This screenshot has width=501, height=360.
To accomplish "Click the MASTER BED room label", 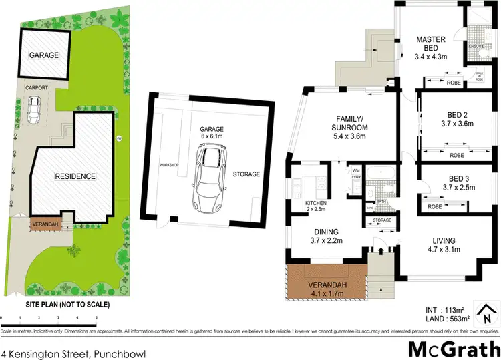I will pos(431,39).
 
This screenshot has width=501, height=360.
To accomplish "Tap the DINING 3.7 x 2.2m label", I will pos(327,238).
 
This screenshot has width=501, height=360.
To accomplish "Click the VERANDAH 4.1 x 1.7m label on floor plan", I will pos(325,289).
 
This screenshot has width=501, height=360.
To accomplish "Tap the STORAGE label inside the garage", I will pos(246,174).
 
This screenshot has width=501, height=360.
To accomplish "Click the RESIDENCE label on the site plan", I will pos(75,176).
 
